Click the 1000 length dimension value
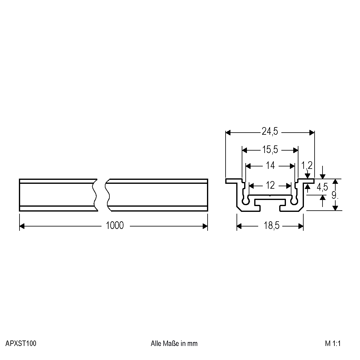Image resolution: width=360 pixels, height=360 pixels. coord(115,226)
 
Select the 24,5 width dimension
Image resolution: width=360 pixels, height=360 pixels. coord(270,131)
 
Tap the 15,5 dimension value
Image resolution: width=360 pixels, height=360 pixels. coord(270,150)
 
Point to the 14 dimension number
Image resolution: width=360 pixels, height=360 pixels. coord(270,166)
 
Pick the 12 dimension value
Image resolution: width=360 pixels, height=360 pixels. coord(270,185)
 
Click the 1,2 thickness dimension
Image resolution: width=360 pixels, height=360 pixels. coord(307,166)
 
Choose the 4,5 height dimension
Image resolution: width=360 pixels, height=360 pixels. coord(322,187)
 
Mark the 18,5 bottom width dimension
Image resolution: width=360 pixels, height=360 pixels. coord(270,226)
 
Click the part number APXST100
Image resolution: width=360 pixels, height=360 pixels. coord(21,344)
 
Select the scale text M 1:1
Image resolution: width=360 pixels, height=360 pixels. coord(333,344)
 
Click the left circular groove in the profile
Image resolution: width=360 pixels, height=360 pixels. coord(246,201)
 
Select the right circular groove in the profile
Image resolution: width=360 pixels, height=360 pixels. coord(294,201)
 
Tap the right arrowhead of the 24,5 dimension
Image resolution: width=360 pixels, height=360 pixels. coord(312,133)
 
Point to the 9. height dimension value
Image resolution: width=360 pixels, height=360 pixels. coord(335,195)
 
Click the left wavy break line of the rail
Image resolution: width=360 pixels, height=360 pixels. coord(95,195)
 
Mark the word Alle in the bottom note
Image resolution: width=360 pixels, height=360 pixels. coord(156,344)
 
